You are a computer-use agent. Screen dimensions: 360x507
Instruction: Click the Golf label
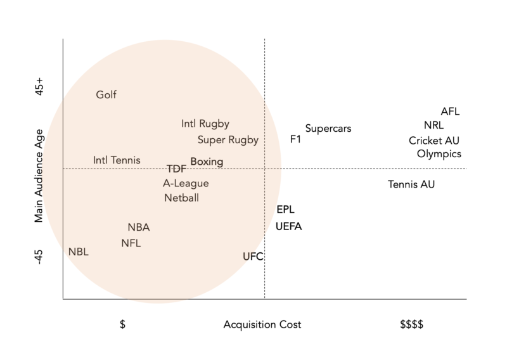pos(106,95)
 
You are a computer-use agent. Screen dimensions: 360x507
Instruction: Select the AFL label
pos(450,112)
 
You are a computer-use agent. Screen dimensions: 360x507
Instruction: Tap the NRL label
pos(434,125)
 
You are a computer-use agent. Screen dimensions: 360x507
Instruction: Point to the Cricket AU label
pos(434,141)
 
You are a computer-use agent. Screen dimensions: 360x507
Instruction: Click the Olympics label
pos(439,154)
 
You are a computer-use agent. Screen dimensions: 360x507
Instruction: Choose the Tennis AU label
pos(411,185)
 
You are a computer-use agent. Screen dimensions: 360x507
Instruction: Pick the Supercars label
pos(328,129)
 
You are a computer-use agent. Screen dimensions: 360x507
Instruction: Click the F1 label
pos(295,139)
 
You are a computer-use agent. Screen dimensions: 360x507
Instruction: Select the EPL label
pos(286,210)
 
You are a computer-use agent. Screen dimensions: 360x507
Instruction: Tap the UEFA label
pos(289,226)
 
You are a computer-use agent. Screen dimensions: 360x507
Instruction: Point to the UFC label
pos(253,257)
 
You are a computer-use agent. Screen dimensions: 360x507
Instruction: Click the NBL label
pos(79,252)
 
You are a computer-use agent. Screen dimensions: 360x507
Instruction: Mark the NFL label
pos(131,243)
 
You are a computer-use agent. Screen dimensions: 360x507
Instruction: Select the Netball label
pos(181,198)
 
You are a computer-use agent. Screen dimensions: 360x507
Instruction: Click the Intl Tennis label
pos(117,160)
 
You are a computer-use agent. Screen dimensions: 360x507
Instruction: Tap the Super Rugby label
pos(228,140)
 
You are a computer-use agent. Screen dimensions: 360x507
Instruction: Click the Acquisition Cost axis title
pos(262,325)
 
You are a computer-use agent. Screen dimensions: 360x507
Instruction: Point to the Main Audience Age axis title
pos(39,176)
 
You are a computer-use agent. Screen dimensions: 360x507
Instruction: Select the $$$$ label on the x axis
pos(411,325)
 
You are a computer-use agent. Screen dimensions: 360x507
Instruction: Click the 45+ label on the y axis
pos(39,87)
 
